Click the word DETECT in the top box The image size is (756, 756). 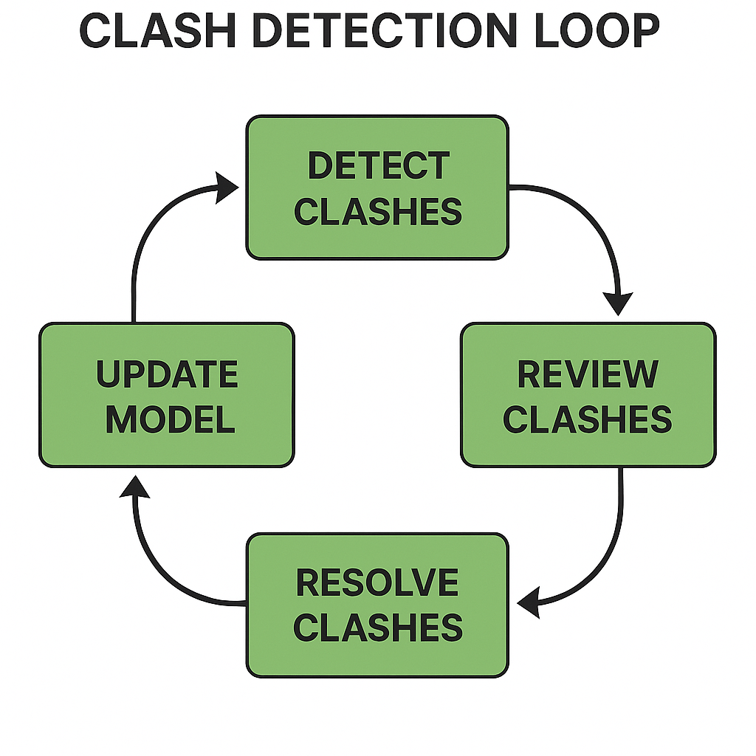pyautogui.click(x=377, y=166)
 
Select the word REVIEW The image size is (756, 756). pyautogui.click(x=588, y=374)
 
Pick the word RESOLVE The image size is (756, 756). pyautogui.click(x=377, y=583)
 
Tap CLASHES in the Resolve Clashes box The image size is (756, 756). pyautogui.click(x=377, y=628)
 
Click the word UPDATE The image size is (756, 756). pyautogui.click(x=167, y=374)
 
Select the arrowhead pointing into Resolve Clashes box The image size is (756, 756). pyautogui.click(x=529, y=603)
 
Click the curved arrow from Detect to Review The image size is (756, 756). pyautogui.click(x=591, y=214)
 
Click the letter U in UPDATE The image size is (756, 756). pyautogui.click(x=107, y=374)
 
